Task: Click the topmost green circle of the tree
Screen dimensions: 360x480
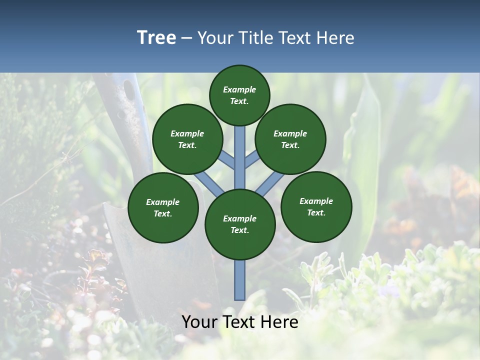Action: (239, 95)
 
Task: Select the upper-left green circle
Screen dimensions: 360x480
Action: (187, 139)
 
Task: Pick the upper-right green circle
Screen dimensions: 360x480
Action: (290, 139)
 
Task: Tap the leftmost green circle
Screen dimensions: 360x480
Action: (163, 207)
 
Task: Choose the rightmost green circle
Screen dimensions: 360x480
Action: (316, 206)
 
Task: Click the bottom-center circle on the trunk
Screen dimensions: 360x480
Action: (240, 224)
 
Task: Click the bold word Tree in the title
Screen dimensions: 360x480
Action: (156, 37)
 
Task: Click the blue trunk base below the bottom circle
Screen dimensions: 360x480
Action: (240, 280)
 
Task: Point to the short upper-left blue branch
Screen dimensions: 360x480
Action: (226, 160)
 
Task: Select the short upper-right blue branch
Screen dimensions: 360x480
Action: (252, 160)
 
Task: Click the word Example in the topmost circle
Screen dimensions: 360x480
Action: (239, 89)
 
